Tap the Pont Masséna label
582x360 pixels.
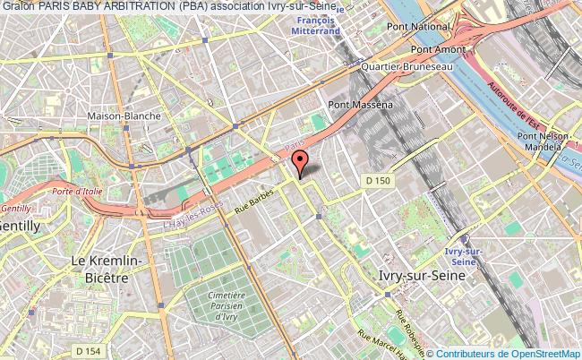tap(361, 106)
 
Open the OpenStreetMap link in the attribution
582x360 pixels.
tap(543, 354)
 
